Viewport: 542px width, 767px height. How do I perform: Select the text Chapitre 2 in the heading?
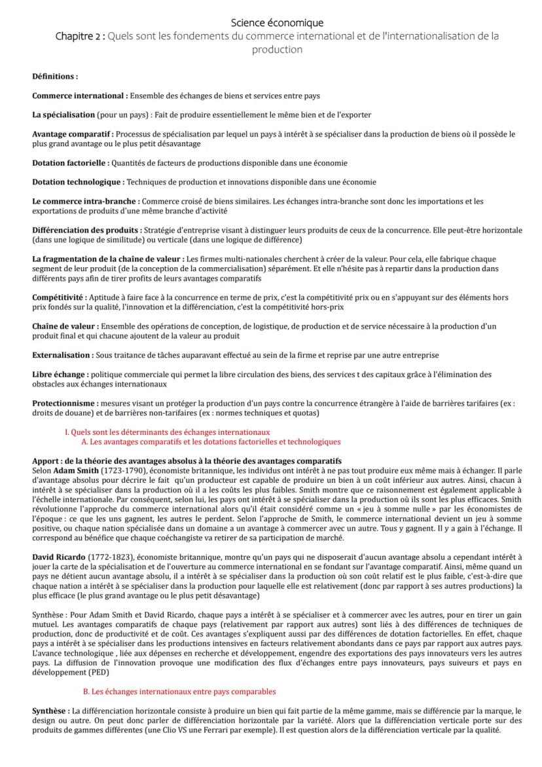(x=79, y=36)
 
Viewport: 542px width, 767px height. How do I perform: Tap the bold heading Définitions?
(x=55, y=77)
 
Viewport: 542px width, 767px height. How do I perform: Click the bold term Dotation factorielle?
(x=70, y=163)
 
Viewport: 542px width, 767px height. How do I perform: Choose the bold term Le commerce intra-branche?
(x=84, y=201)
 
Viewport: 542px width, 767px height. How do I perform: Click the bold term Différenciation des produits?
(x=86, y=231)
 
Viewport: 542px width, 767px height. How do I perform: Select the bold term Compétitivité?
(x=58, y=297)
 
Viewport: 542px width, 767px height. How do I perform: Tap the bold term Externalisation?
(x=62, y=355)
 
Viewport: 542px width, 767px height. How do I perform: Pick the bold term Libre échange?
(x=58, y=375)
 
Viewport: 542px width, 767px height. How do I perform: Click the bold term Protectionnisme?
(x=65, y=403)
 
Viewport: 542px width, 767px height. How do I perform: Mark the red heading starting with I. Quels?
(x=167, y=432)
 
